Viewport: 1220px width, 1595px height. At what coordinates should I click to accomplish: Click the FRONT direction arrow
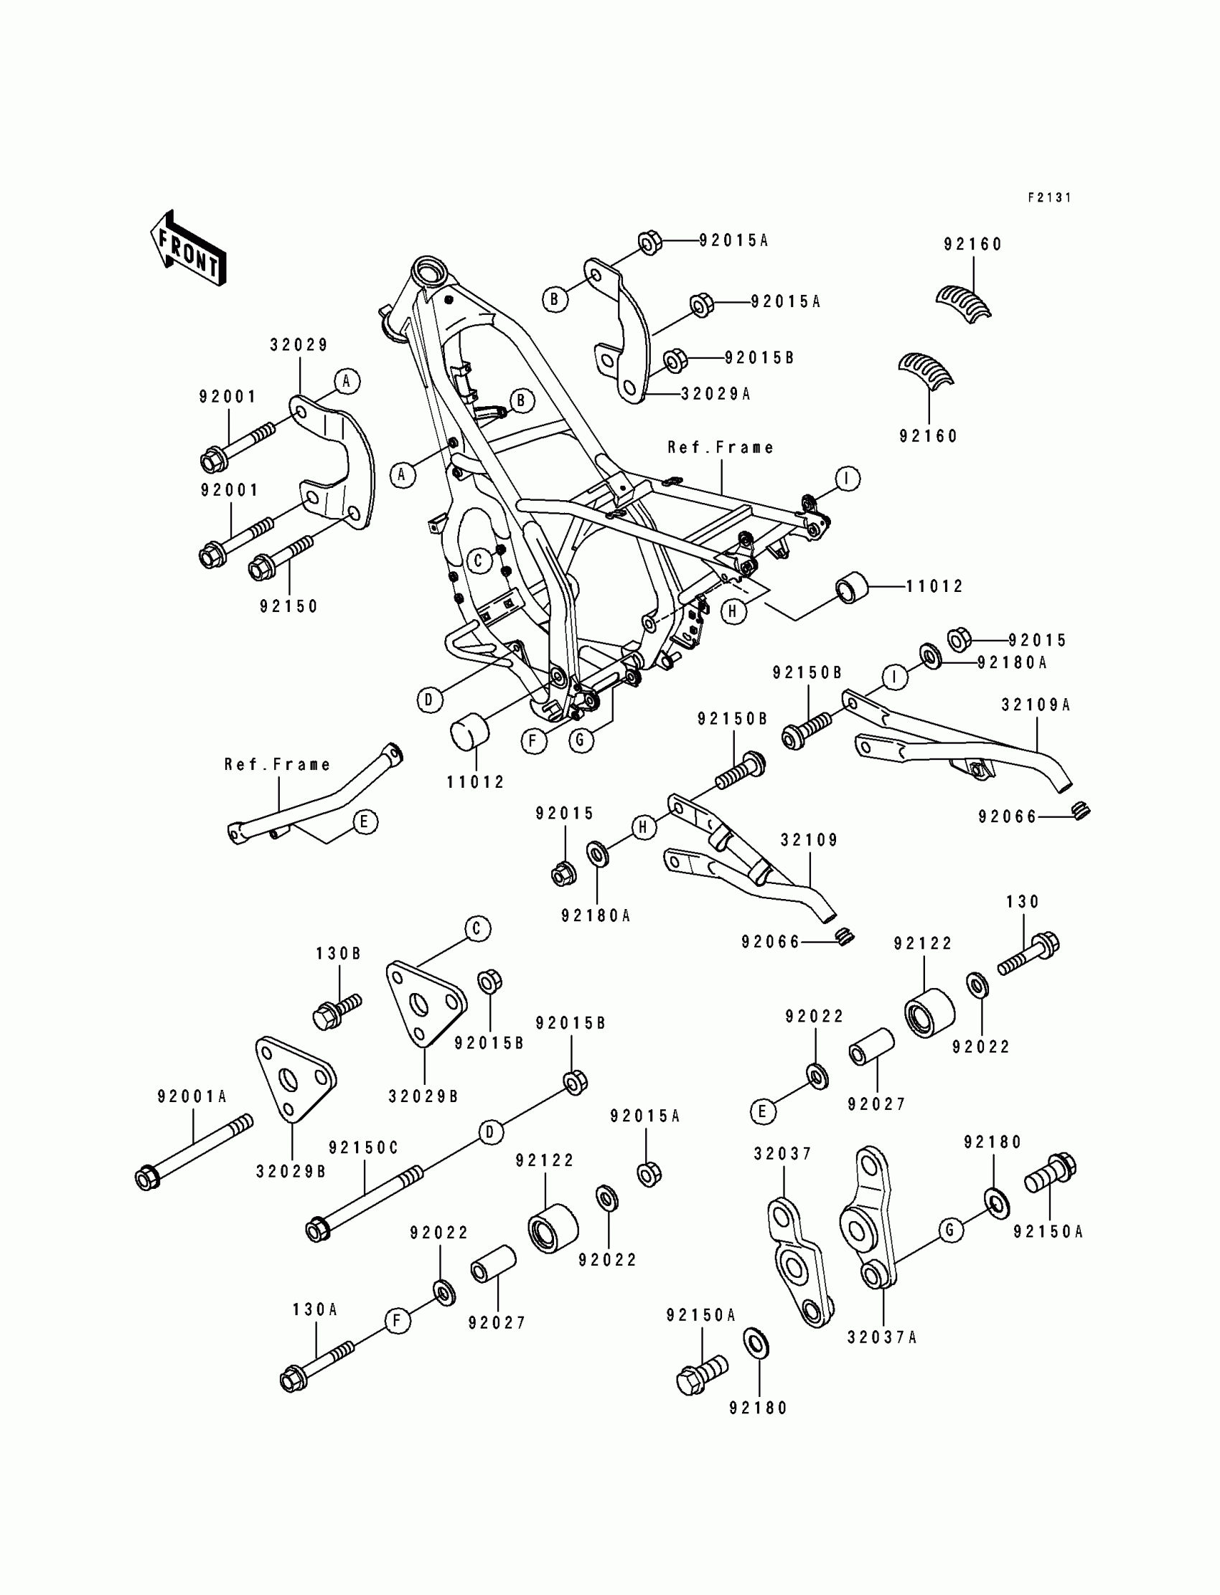pos(188,248)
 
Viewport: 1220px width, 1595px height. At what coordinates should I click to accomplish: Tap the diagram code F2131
pos(1049,197)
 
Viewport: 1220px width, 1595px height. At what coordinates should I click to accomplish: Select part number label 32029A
pos(715,393)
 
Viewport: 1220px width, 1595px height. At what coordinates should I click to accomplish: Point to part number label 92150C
pos(364,1147)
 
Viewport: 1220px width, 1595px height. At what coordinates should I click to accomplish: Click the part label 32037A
pos(882,1337)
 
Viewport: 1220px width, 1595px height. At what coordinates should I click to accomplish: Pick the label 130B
pos(339,954)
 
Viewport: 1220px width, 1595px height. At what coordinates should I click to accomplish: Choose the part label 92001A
pos(192,1096)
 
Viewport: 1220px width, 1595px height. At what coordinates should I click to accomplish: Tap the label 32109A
pos(1036,704)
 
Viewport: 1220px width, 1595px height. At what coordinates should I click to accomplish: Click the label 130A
pos(315,1309)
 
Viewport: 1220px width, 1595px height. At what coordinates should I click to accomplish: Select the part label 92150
pos(289,606)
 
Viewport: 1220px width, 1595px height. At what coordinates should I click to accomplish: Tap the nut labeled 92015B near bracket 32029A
pos(675,361)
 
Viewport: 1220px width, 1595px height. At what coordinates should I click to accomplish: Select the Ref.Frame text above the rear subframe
pos(721,447)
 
